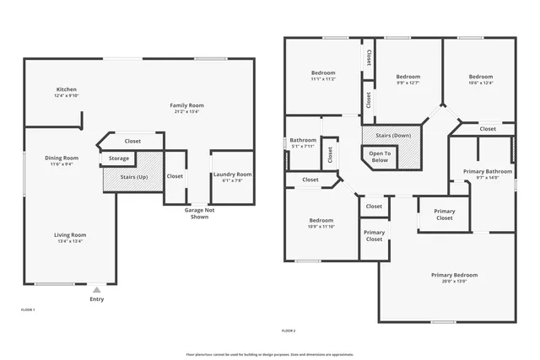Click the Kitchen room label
[x=67, y=89]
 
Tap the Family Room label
[x=188, y=105]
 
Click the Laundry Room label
[x=232, y=175]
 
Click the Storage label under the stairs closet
[x=119, y=158]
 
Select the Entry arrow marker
[x=96, y=289]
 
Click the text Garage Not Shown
[x=199, y=212]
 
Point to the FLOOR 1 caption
[x=28, y=310]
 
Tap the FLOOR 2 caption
[x=289, y=330]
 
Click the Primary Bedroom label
[x=454, y=275]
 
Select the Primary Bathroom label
[x=487, y=171]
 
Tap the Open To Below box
[x=381, y=156]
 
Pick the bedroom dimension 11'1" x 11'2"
[x=323, y=79]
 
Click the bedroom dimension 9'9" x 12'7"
[x=408, y=83]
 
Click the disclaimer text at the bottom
[x=270, y=354]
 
